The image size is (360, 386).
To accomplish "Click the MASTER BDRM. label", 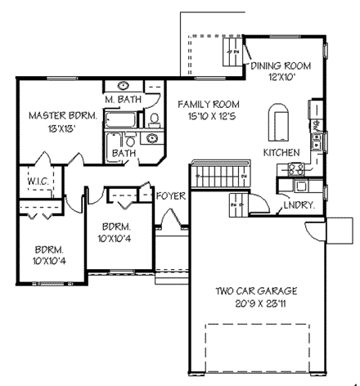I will tap(62, 116).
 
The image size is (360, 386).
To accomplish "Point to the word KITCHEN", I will tap(281, 153).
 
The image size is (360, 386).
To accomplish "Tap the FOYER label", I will tap(172, 196).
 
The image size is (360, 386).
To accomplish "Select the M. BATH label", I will tap(124, 100).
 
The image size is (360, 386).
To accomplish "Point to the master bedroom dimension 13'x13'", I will tap(62, 129).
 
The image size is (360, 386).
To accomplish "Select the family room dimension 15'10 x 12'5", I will tap(211, 118).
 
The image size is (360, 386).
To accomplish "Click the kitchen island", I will tap(280, 123).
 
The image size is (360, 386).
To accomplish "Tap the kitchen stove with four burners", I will tap(295, 169).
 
